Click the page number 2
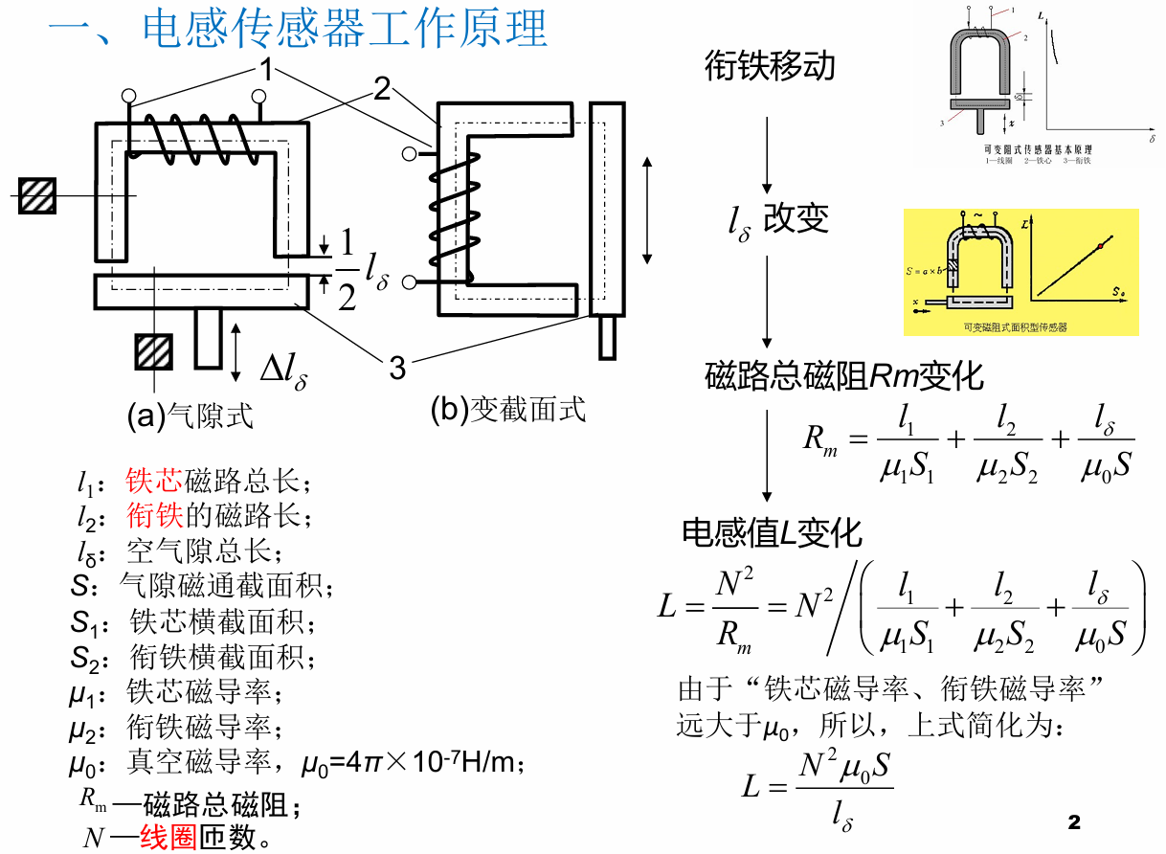(x=1073, y=822)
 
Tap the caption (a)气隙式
(x=191, y=416)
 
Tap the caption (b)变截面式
(x=507, y=411)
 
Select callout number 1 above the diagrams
(x=265, y=69)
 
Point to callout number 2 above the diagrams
(x=382, y=90)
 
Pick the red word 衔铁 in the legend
(x=154, y=517)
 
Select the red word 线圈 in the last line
(x=168, y=838)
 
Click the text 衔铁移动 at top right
(x=770, y=66)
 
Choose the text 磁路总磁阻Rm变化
(x=843, y=376)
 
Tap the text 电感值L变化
(x=772, y=533)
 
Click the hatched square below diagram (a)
(x=153, y=351)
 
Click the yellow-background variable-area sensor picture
(x=1020, y=272)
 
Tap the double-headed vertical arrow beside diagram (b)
(x=648, y=210)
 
